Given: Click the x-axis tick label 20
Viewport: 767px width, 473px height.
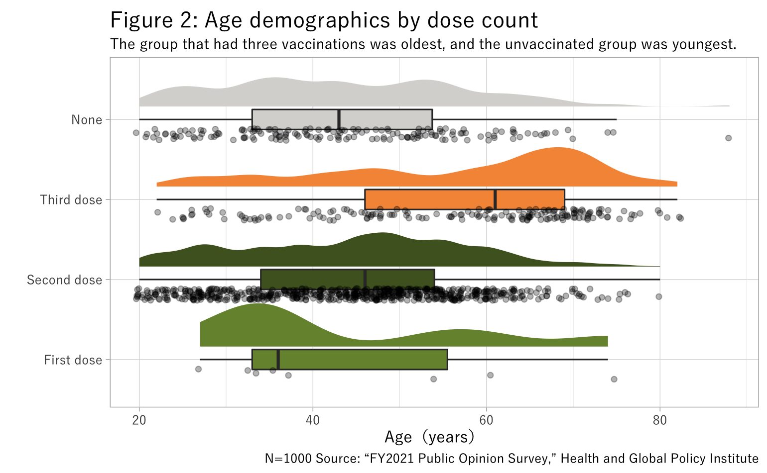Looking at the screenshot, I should pyautogui.click(x=139, y=421).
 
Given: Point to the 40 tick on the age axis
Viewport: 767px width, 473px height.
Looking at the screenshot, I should pyautogui.click(x=313, y=421).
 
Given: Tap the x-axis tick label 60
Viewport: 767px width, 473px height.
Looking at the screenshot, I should pyautogui.click(x=486, y=421).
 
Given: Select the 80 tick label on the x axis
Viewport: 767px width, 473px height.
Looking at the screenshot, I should pyautogui.click(x=659, y=421).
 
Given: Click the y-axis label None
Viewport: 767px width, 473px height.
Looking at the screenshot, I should pyautogui.click(x=87, y=120).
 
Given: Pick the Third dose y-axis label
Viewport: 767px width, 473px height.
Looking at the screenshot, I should pyautogui.click(x=71, y=200).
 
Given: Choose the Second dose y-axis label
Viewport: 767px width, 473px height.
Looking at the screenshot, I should pyautogui.click(x=64, y=280).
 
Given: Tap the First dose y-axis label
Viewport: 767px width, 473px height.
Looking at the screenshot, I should pyautogui.click(x=73, y=360).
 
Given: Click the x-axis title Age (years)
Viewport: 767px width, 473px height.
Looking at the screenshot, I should pyautogui.click(x=429, y=437).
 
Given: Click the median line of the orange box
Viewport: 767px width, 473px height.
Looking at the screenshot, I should pyautogui.click(x=495, y=199).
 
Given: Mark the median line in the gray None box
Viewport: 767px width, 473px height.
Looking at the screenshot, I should pyautogui.click(x=339, y=119).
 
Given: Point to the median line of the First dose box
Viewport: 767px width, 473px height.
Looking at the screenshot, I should pyautogui.click(x=278, y=360).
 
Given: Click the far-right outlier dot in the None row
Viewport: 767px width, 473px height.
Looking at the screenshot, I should pyautogui.click(x=728, y=138).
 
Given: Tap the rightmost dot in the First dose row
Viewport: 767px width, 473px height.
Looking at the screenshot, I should pyautogui.click(x=614, y=379).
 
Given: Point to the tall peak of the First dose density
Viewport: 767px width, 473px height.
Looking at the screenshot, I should pyautogui.click(x=257, y=304).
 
